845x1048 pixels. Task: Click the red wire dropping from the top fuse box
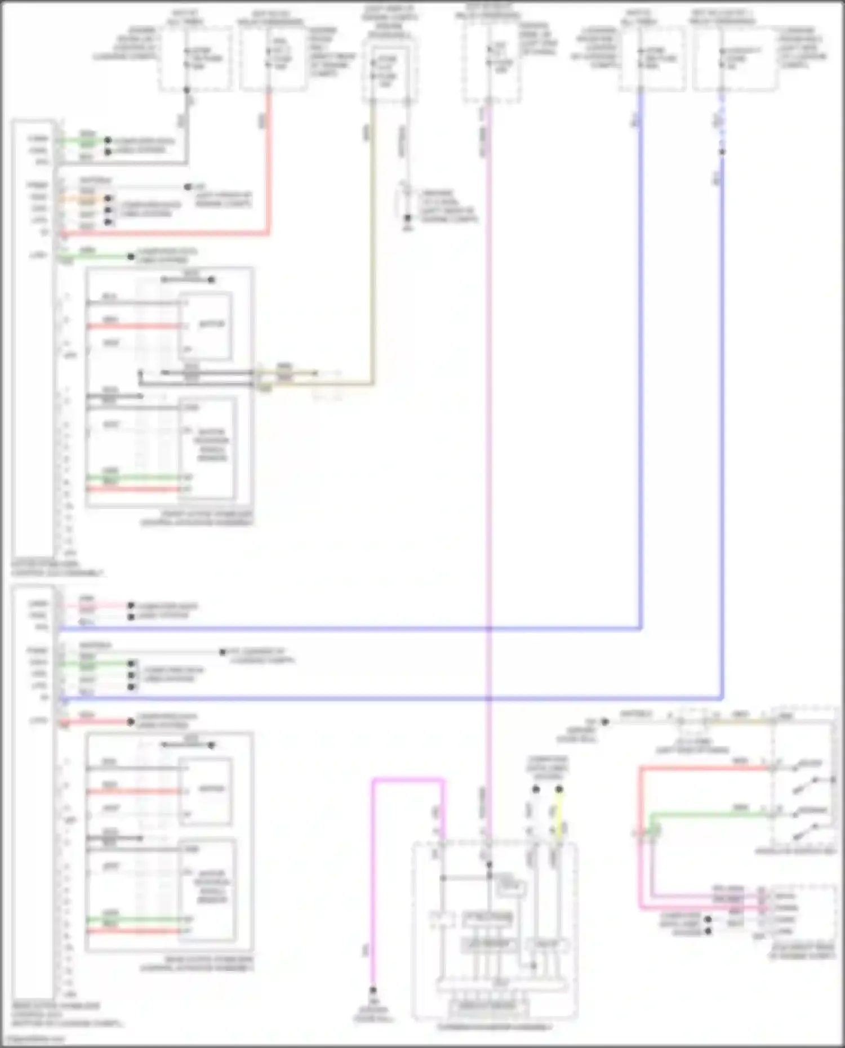tap(269, 169)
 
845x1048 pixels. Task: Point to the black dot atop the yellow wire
tap(559, 789)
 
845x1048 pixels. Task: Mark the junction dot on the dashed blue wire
tap(722, 152)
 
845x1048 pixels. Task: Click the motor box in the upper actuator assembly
tap(206, 325)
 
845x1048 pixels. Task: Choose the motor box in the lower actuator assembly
tap(206, 790)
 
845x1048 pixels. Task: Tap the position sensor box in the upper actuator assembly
tap(207, 448)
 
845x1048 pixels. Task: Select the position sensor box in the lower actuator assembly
tap(207, 890)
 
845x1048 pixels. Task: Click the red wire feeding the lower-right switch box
tap(704, 768)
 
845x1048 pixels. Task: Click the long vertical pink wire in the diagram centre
tap(488, 451)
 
